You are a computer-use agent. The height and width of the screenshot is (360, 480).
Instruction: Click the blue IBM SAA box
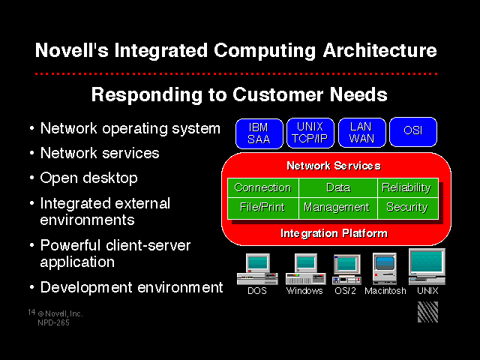(259, 133)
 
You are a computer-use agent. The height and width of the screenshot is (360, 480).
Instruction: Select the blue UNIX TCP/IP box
(310, 133)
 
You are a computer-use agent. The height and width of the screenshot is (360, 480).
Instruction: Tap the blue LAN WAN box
(361, 133)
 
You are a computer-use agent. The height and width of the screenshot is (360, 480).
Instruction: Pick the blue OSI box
(413, 132)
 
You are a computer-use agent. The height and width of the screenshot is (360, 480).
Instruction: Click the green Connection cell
(263, 187)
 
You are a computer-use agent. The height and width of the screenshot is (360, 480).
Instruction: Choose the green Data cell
(338, 187)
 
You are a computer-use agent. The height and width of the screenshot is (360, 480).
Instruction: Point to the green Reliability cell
(408, 187)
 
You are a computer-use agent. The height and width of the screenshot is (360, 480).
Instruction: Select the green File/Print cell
(263, 208)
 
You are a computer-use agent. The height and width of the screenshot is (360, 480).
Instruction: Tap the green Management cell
(338, 208)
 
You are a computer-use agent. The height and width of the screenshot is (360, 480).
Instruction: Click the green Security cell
(408, 208)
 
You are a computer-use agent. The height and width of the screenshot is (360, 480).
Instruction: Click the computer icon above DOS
(257, 269)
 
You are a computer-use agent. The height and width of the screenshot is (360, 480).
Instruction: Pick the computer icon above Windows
(305, 269)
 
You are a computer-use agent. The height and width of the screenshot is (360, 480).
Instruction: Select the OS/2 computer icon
(346, 269)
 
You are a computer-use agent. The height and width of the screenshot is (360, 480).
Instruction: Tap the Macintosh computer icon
(385, 268)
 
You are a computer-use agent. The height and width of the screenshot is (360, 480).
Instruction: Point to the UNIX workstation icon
(427, 267)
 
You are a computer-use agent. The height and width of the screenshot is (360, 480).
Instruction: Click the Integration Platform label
(334, 233)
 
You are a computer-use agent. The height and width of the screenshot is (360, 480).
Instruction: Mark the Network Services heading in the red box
(334, 166)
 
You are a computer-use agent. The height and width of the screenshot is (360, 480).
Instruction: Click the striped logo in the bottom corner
(427, 312)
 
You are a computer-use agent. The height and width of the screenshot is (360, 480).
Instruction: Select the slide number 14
(31, 312)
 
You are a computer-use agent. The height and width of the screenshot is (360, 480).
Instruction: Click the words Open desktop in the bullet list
(88, 178)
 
